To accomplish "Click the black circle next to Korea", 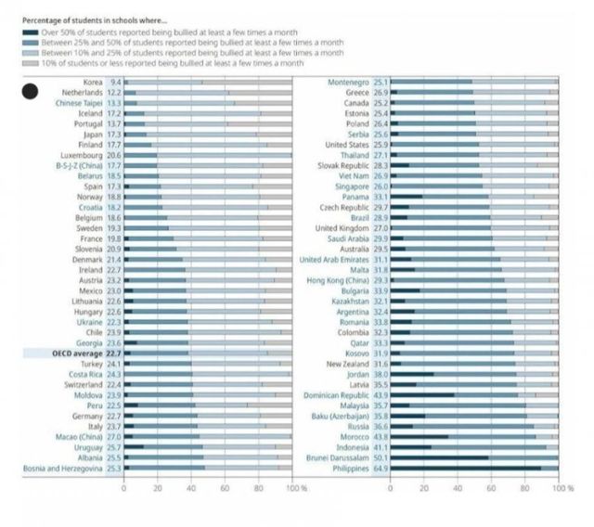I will pos(30,91).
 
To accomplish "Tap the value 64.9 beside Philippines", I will pos(381,469).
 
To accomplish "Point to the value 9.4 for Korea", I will pos(115,83).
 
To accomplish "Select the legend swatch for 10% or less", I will pos(30,63).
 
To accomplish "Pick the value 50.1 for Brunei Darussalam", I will pos(381,457).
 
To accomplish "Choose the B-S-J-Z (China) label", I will pos(78,165).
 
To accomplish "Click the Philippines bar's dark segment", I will pos(464,469).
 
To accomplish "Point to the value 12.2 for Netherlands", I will pos(115,93).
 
